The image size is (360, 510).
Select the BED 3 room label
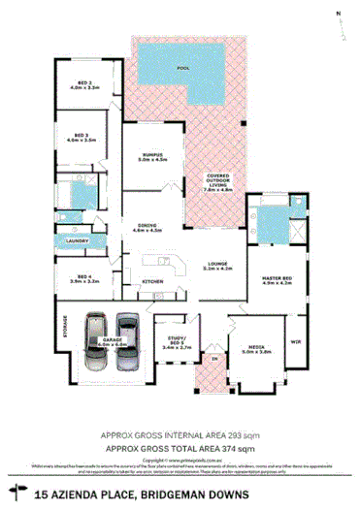tap(84, 138)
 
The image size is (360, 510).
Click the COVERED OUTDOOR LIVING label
tap(217, 182)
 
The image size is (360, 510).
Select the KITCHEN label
tap(153, 281)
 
